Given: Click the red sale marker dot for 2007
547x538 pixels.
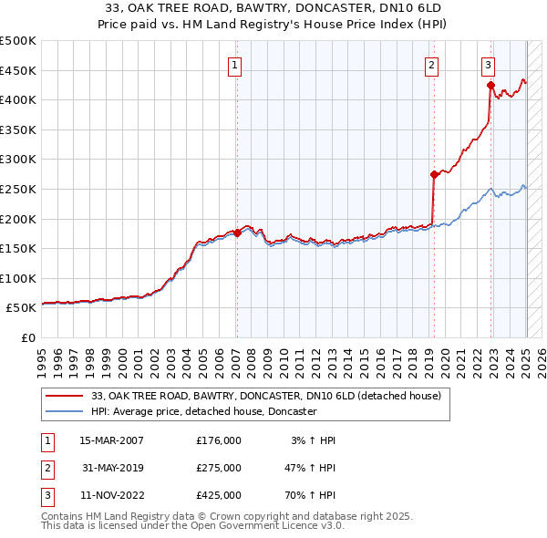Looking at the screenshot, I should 237,233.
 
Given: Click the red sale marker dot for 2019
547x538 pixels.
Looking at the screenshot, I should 434,174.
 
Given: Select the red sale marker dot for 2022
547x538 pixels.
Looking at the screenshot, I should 490,87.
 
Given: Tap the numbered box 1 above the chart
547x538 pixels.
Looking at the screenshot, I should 235,64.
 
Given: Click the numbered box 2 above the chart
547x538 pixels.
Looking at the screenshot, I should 430,64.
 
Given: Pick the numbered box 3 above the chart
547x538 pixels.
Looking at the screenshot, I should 489,64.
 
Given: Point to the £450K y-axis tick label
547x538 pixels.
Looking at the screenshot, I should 17,70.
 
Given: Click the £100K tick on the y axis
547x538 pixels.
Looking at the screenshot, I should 17,278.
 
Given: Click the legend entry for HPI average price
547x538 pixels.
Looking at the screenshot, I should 203,411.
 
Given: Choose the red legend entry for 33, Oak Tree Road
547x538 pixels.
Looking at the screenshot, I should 265,396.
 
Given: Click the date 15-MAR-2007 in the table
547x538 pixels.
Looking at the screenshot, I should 112,440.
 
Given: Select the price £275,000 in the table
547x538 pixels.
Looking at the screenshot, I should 219,468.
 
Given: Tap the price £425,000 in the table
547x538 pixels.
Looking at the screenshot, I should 219,495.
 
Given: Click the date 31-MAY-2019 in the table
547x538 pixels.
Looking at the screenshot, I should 112,468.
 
